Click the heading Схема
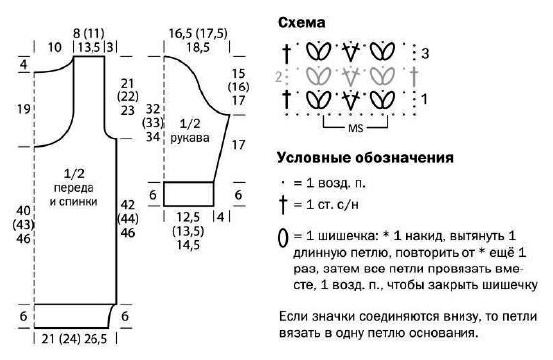[302, 23]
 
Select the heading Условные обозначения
[365, 157]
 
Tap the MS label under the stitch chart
[355, 128]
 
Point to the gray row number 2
[278, 77]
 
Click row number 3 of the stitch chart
[425, 54]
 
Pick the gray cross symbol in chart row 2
[414, 77]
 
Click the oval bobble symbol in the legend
[283, 238]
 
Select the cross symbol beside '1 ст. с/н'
[283, 205]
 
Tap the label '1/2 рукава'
[190, 130]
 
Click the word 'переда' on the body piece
[74, 188]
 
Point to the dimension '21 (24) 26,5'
[74, 339]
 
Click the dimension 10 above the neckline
[54, 47]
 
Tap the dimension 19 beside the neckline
[24, 109]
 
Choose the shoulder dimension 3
[110, 47]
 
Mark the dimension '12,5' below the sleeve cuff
[188, 217]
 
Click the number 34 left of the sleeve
[153, 137]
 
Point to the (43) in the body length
[23, 224]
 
